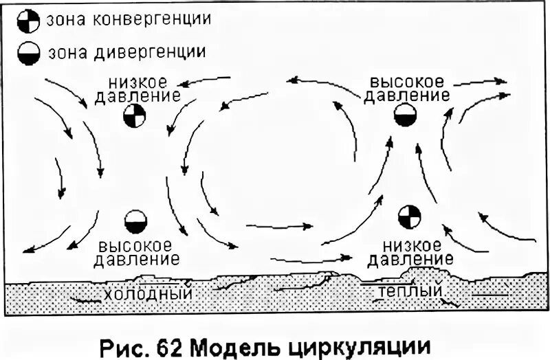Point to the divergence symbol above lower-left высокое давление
[135, 222]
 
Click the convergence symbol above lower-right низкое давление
[408, 216]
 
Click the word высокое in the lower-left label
[136, 245]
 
